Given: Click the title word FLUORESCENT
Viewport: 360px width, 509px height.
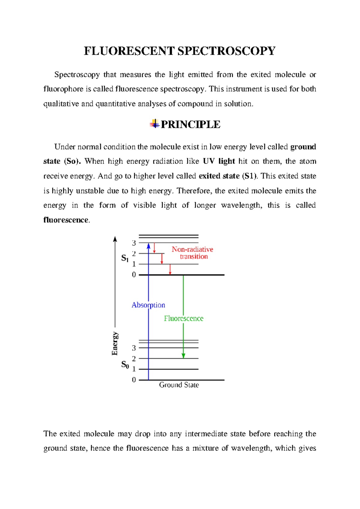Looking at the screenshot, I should (129, 51).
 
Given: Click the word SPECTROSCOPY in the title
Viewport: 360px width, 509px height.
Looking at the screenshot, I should (226, 51).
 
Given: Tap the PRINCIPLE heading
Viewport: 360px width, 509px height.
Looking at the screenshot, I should (190, 125).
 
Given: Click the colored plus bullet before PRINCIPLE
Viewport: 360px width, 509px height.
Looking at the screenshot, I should (154, 124).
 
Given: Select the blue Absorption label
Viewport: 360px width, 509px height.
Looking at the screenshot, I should (148, 305).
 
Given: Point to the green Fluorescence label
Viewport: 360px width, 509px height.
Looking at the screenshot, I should (184, 318).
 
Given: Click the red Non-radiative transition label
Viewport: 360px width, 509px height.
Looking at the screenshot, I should (193, 253).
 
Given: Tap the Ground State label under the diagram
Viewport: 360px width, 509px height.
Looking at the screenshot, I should (179, 385).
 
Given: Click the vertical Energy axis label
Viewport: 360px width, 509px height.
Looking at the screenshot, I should (115, 344).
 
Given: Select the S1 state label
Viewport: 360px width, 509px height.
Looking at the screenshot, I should (125, 258).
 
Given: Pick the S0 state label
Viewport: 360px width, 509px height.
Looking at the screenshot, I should (125, 365).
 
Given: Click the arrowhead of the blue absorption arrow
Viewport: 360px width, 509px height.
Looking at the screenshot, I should (148, 246).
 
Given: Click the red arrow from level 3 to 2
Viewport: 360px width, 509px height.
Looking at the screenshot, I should (154, 248).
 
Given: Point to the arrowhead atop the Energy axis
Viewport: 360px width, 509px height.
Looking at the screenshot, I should (115, 239).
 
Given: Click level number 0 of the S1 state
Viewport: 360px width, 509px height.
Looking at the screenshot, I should (134, 275).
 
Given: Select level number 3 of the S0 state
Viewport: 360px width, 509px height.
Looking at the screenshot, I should (134, 348).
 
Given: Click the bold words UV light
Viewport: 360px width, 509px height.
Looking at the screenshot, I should (219, 161).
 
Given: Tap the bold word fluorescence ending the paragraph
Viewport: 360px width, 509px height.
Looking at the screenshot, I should (66, 220).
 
